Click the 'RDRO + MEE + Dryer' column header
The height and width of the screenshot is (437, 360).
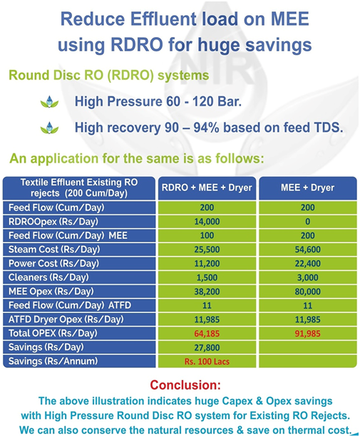point(207,187)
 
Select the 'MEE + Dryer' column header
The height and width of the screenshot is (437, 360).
point(308,187)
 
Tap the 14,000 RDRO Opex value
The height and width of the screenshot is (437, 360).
point(207,222)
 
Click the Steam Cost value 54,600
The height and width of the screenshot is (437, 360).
point(308,250)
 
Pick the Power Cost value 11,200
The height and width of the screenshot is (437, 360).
point(207,263)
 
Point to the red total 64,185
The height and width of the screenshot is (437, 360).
point(207,334)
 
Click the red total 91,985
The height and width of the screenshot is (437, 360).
point(308,334)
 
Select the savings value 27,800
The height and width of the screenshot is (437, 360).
point(207,348)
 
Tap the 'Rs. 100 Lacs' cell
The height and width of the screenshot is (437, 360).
point(207,361)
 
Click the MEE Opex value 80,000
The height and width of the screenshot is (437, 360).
point(308,292)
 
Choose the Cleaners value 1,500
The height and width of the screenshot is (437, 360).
point(207,277)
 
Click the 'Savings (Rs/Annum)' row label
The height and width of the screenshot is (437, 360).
point(53,361)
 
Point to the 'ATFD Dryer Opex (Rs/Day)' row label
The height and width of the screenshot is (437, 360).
point(66,319)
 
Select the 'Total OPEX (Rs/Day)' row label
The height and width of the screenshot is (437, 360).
point(53,334)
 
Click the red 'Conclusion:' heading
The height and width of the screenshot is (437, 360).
point(185,385)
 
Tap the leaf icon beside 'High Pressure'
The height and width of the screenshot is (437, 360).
point(50,102)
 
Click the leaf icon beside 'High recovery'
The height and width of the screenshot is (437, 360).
point(50,128)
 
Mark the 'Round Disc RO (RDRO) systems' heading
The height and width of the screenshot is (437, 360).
point(109,76)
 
